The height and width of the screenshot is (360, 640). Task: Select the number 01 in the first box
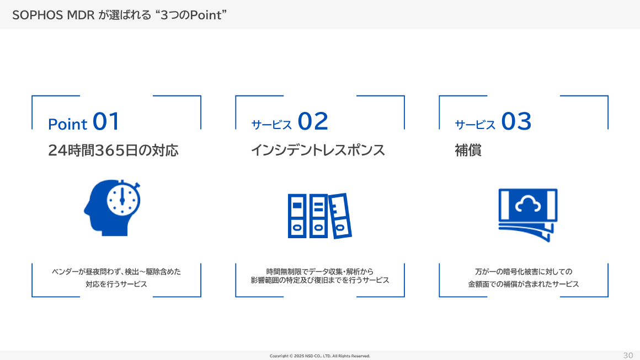coord(106,122)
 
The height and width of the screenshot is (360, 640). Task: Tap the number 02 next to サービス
coord(313,122)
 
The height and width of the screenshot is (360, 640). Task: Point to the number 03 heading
coord(516,122)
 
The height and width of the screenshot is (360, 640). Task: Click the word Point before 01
coord(68,125)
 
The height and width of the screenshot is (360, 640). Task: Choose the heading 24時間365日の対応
coord(113,151)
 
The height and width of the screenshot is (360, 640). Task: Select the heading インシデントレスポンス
coord(318,151)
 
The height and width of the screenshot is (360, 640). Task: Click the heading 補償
coord(468,151)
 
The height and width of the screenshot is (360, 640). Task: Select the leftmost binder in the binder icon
coord(297,216)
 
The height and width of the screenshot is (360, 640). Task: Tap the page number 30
coord(628,355)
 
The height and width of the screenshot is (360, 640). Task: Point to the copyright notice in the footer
coord(320,356)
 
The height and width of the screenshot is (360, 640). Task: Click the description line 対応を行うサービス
coord(116,284)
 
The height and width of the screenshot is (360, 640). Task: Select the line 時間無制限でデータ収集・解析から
coord(320,271)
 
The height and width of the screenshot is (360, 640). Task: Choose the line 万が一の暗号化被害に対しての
coord(524,271)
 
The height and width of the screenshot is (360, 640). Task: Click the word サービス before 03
coord(475,125)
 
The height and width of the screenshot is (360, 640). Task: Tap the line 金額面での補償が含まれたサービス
coord(524,284)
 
